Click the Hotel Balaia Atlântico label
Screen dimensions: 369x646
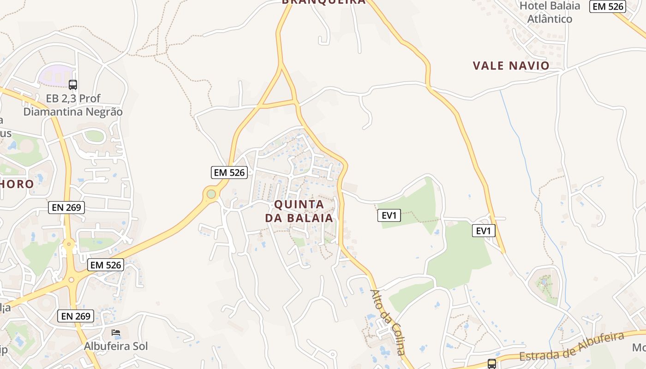550,12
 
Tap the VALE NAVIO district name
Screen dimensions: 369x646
511,65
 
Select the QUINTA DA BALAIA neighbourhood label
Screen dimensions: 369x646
299,211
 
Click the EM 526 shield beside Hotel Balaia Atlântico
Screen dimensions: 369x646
608,6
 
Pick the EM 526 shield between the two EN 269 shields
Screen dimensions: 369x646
106,265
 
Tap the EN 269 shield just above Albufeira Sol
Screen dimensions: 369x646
76,316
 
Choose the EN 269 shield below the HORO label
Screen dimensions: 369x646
66,207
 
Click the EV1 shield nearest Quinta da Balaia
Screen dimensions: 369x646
389,215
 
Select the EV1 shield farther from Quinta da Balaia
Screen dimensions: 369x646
483,231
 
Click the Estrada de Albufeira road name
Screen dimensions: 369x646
572,346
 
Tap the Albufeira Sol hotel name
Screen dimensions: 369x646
116,346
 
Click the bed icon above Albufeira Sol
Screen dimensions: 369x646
116,333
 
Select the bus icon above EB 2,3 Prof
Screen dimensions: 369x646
73,84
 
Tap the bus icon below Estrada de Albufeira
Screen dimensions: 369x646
492,363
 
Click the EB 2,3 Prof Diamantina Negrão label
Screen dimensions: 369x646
73,105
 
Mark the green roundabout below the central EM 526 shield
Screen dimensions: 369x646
211,194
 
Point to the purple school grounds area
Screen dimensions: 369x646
55,75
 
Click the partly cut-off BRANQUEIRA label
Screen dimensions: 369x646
323,2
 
